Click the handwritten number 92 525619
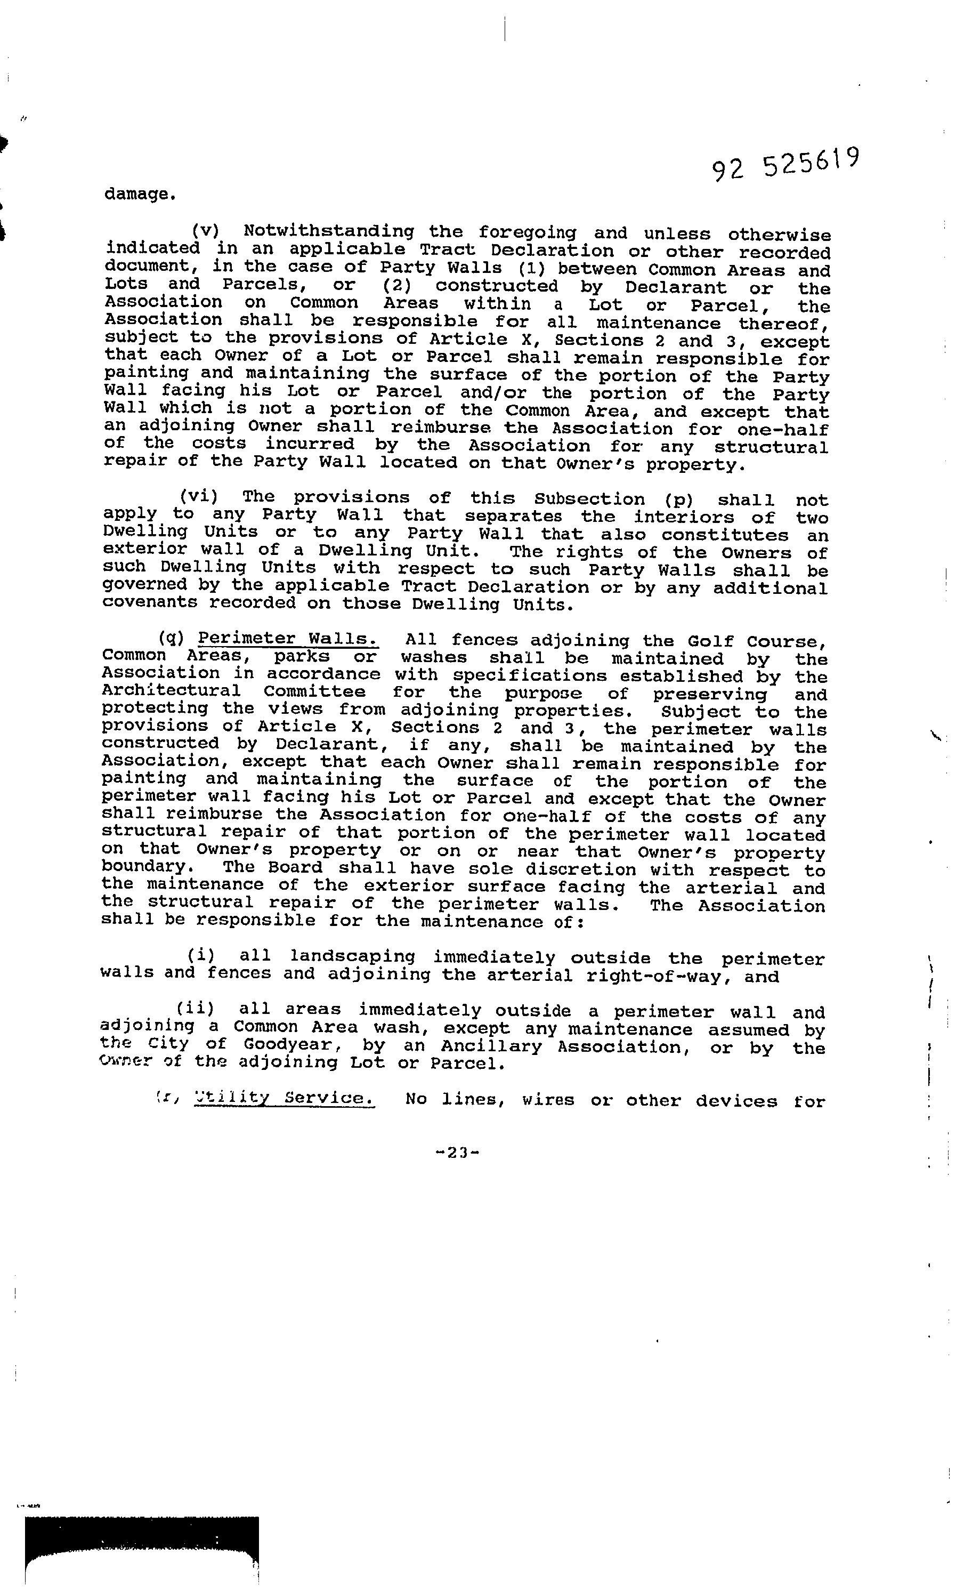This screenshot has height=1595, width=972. pyautogui.click(x=785, y=165)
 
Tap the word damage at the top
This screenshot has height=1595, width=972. pyautogui.click(x=139, y=194)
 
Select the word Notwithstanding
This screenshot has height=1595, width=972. pyautogui.click(x=329, y=232)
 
